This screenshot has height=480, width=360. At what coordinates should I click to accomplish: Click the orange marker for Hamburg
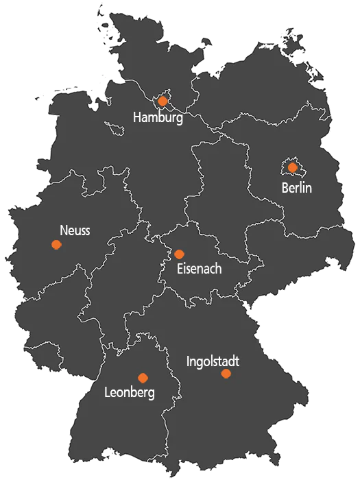(x=163, y=101)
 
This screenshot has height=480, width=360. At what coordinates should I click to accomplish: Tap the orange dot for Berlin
(x=293, y=167)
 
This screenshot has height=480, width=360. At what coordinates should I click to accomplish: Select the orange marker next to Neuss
(x=56, y=245)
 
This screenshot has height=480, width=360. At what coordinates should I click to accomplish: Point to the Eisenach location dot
(x=179, y=254)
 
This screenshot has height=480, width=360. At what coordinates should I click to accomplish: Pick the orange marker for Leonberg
(x=143, y=378)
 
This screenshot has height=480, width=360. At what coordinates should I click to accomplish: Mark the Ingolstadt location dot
(x=226, y=374)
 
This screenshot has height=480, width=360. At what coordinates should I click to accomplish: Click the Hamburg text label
(x=158, y=118)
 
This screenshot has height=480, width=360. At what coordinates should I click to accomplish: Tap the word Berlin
(x=296, y=187)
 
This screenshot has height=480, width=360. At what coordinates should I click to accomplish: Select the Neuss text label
(x=75, y=230)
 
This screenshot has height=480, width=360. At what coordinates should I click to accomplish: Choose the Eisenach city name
(x=199, y=269)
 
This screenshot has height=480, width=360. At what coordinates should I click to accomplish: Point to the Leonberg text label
(x=130, y=394)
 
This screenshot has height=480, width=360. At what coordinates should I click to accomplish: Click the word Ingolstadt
(x=213, y=360)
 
